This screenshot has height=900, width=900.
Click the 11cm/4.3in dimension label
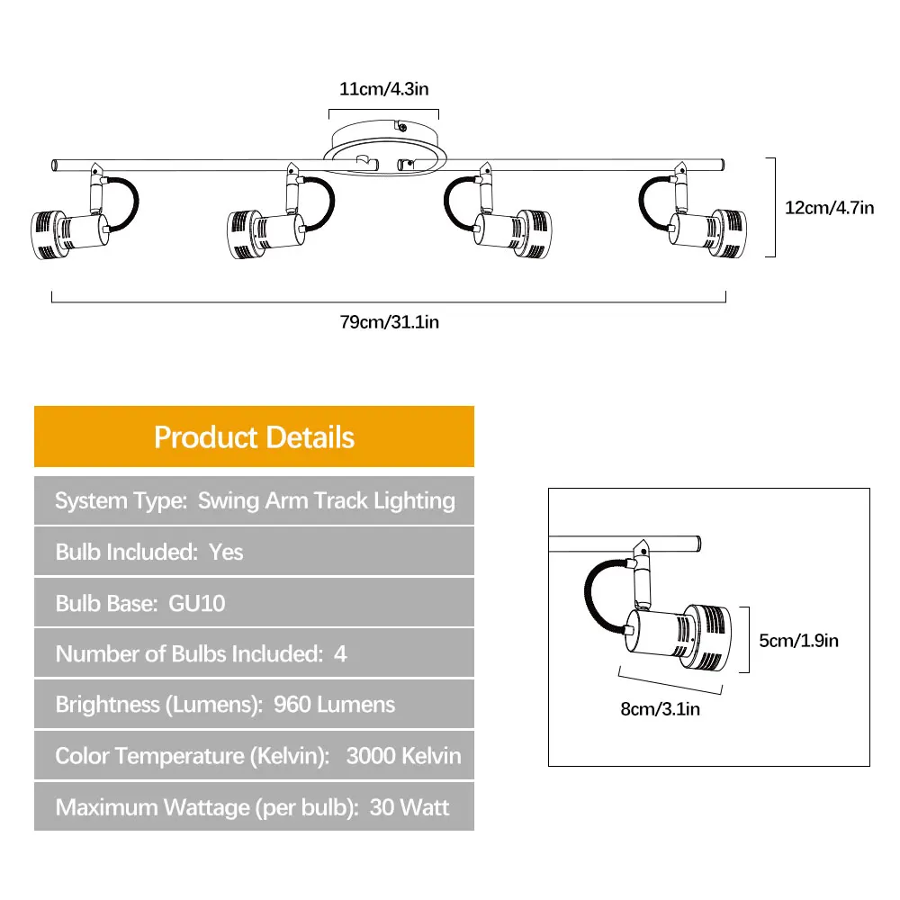[x=383, y=89]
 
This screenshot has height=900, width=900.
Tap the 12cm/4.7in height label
[x=830, y=208]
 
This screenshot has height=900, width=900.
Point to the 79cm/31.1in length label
[x=389, y=322]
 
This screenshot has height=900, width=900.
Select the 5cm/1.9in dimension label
[x=798, y=641]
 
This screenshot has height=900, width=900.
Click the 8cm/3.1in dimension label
[x=660, y=709]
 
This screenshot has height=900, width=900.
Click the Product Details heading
[x=255, y=437]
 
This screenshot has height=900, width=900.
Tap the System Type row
[x=255, y=500]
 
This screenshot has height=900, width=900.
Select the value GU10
[x=197, y=603]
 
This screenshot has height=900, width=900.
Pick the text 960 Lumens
[x=334, y=705]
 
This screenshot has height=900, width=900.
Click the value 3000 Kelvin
[x=403, y=756]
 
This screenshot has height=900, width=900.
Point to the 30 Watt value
[x=409, y=807]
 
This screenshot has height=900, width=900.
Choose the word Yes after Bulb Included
[x=226, y=553]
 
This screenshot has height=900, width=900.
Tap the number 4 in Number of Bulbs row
[x=340, y=654]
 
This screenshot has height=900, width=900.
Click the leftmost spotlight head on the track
[x=69, y=234]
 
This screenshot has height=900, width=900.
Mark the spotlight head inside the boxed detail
[x=679, y=637]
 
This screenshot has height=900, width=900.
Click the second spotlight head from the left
[x=265, y=233]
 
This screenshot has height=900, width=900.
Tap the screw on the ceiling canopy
[x=402, y=128]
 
